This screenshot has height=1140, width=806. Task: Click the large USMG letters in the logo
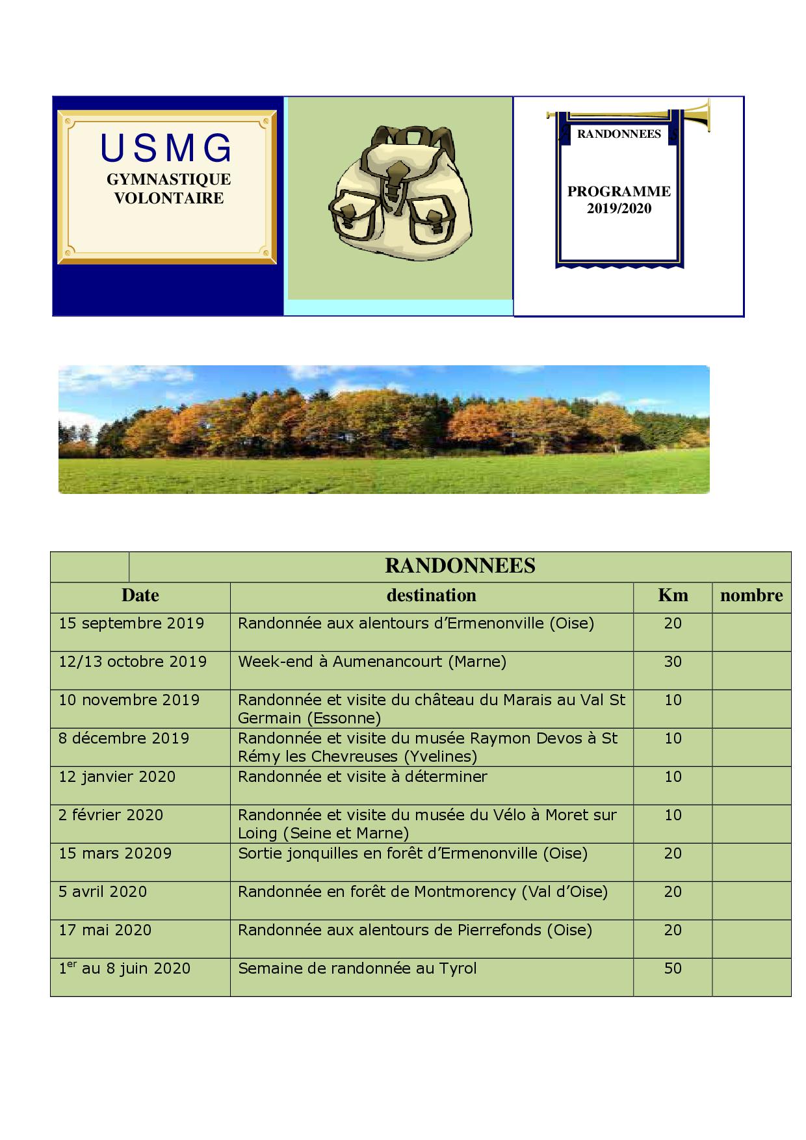click(166, 149)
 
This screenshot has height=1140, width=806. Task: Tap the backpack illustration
click(400, 194)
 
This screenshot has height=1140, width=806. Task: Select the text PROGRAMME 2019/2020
click(619, 200)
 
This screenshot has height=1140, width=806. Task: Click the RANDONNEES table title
click(460, 566)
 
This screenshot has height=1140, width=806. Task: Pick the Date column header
click(140, 595)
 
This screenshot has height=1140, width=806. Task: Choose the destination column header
click(431, 595)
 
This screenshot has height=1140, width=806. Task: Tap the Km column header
click(673, 595)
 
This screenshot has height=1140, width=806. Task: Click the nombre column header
click(751, 595)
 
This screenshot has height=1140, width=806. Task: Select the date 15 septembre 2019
click(131, 623)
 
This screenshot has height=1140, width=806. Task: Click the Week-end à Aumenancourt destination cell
click(372, 662)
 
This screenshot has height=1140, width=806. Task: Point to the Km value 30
click(673, 662)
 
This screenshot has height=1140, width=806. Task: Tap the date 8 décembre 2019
click(123, 738)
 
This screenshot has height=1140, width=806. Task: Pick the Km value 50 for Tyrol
click(673, 968)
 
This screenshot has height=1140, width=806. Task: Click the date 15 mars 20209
click(115, 853)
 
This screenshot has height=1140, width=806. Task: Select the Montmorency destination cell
click(422, 892)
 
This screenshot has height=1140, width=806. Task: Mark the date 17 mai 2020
click(105, 930)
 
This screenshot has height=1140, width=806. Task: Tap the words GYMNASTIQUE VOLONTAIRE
click(168, 188)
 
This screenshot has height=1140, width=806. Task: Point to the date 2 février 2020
click(110, 815)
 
